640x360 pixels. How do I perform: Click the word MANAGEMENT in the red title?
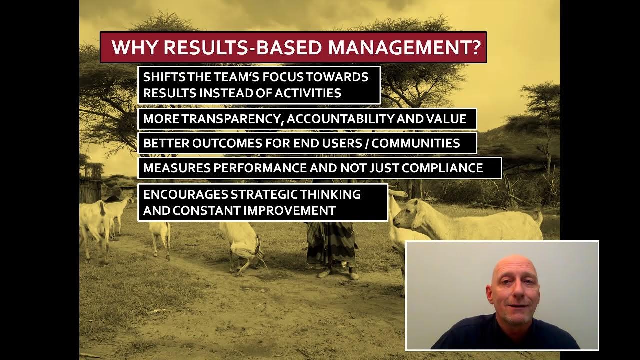point(398,48)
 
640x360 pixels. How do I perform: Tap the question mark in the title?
point(475,48)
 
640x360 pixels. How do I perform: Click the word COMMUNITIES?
point(416,143)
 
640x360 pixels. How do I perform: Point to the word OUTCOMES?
point(228,143)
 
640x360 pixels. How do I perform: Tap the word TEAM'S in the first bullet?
point(225,77)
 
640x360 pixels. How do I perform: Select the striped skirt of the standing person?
point(331,245)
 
